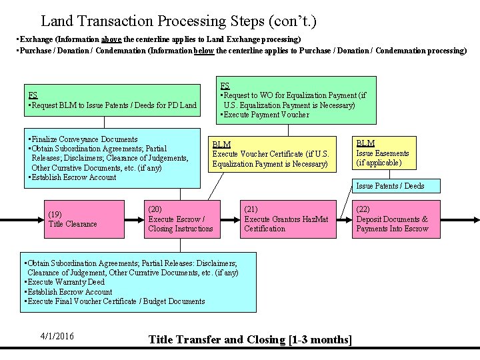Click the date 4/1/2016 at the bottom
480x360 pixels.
[x=57, y=336]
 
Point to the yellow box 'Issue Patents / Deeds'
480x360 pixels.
[x=390, y=186]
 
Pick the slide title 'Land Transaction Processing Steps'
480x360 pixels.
[x=178, y=22]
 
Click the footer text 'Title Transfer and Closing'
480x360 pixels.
[x=217, y=340]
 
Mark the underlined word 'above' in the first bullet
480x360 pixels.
[x=111, y=40]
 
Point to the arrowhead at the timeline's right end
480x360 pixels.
[x=475, y=219]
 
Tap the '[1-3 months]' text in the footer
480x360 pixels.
[x=321, y=340]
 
